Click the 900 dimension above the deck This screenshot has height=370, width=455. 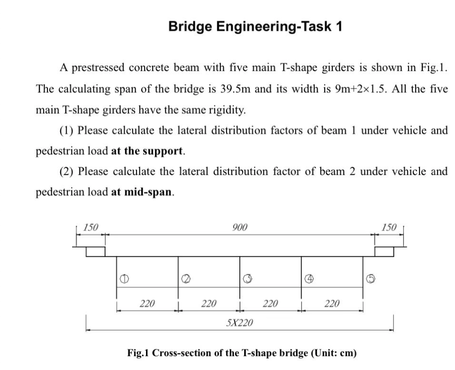(240, 227)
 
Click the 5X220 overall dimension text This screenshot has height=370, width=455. (240, 324)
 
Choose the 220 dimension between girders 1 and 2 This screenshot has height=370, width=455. (147, 303)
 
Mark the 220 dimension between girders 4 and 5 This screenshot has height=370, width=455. (332, 303)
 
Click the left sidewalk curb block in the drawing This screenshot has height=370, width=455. (95, 251)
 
